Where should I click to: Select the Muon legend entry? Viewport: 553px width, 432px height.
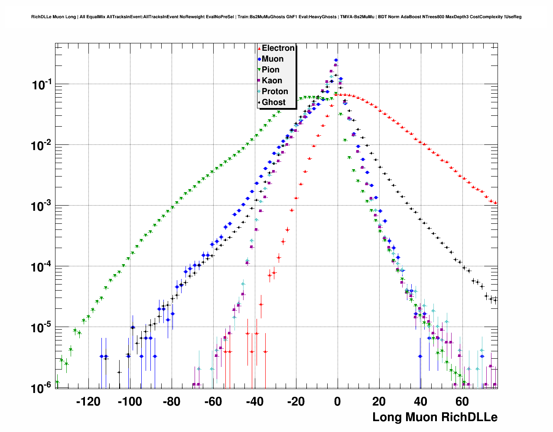(272, 59)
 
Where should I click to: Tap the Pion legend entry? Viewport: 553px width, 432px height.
(270, 70)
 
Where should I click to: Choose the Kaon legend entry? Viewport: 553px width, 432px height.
(272, 81)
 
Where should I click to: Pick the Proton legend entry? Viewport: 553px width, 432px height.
(275, 92)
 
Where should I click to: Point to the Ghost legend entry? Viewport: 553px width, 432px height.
(273, 102)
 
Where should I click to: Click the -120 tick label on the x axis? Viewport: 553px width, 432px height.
(88, 402)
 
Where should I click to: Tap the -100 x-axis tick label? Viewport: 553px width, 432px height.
(130, 402)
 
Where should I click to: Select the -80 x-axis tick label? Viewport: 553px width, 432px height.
(171, 402)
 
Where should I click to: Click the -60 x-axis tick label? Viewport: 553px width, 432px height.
(213, 402)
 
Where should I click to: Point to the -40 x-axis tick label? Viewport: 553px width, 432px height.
(254, 402)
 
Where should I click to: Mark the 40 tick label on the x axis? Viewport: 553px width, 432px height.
(420, 402)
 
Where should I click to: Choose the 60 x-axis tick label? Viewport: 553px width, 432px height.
(462, 402)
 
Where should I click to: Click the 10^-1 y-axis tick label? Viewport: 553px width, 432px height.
(42, 85)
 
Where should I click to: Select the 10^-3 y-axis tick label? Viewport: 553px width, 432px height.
(42, 206)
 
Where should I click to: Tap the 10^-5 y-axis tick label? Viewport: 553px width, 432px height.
(42, 327)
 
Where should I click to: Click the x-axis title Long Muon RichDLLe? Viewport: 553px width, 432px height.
(435, 417)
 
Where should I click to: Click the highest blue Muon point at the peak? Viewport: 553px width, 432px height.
(336, 60)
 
